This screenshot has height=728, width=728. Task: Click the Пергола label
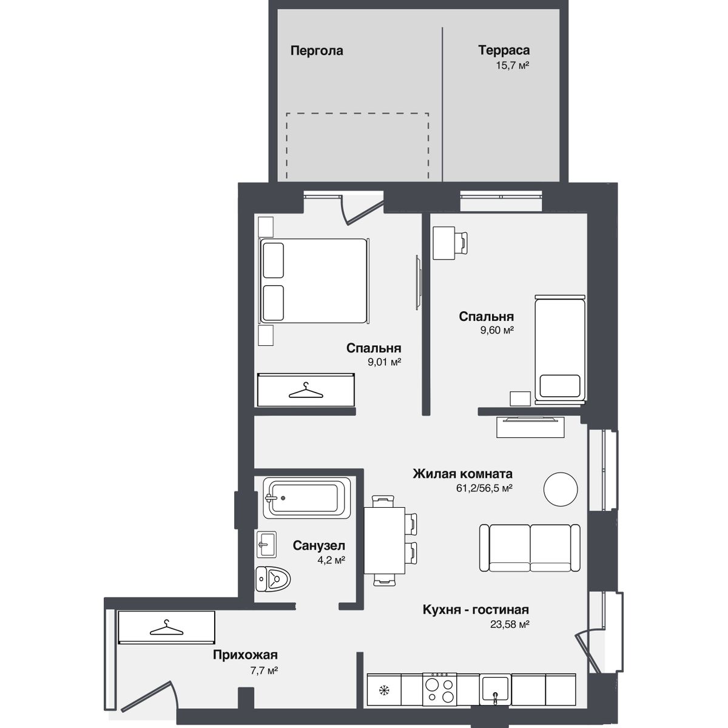pyautogui.click(x=317, y=50)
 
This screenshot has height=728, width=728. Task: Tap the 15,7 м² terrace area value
pyautogui.click(x=512, y=66)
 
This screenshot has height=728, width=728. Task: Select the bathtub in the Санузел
pyautogui.click(x=307, y=498)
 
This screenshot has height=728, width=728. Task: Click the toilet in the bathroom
pyautogui.click(x=273, y=578)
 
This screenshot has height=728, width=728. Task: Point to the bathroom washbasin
pyautogui.click(x=266, y=544)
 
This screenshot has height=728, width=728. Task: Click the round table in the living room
pyautogui.click(x=561, y=489)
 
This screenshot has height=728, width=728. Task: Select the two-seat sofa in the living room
pyautogui.click(x=530, y=547)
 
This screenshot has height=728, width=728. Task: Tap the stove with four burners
pyautogui.click(x=439, y=689)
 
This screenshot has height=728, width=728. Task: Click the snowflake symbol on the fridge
pyautogui.click(x=384, y=690)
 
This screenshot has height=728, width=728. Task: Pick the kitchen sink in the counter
pyautogui.click(x=495, y=690)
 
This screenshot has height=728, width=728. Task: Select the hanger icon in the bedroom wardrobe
pyautogui.click(x=306, y=390)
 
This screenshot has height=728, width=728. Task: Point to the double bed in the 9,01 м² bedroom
pyautogui.click(x=314, y=281)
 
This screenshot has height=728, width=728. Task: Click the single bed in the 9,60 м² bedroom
pyautogui.click(x=560, y=350)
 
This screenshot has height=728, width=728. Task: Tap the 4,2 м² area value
pyautogui.click(x=331, y=561)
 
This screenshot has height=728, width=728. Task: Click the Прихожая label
pyautogui.click(x=245, y=655)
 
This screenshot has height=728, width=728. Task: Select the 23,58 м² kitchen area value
pyautogui.click(x=509, y=624)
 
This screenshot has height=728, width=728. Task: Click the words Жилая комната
pyautogui.click(x=462, y=473)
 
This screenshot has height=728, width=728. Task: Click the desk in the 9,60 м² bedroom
pyautogui.click(x=443, y=243)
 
